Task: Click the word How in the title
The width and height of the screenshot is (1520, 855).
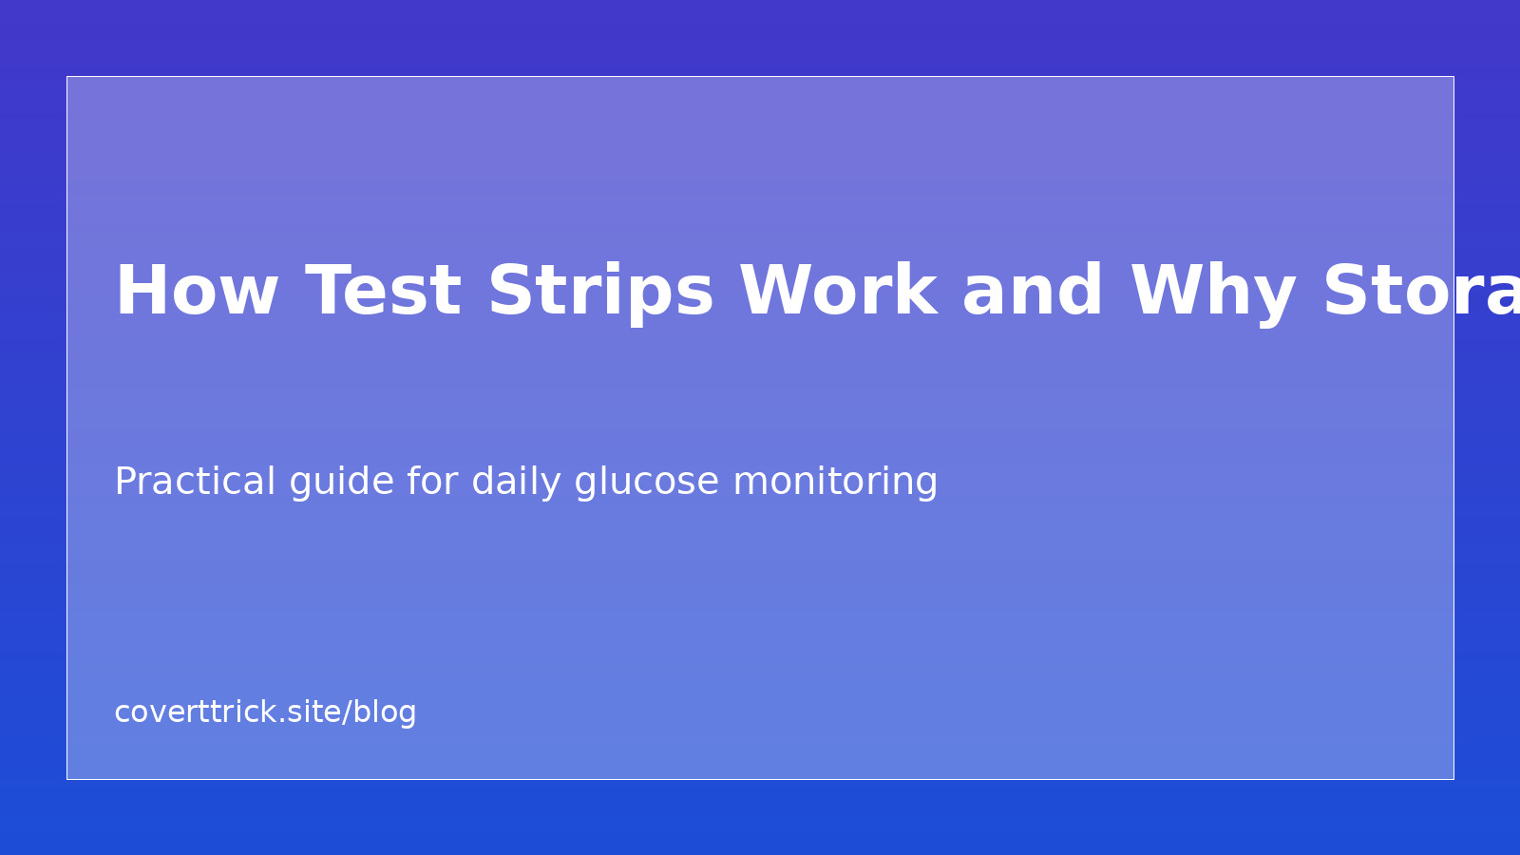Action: (x=196, y=292)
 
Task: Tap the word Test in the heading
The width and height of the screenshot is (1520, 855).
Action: (x=383, y=292)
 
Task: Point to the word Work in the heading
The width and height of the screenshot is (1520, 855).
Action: (x=838, y=292)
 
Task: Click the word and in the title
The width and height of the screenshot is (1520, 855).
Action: (x=1032, y=292)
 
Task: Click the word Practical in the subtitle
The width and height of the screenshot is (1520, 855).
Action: (x=195, y=482)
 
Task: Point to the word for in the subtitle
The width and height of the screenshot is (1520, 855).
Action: (x=432, y=482)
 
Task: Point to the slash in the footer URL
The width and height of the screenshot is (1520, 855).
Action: (x=348, y=712)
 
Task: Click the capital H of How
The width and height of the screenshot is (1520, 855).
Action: (x=137, y=292)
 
